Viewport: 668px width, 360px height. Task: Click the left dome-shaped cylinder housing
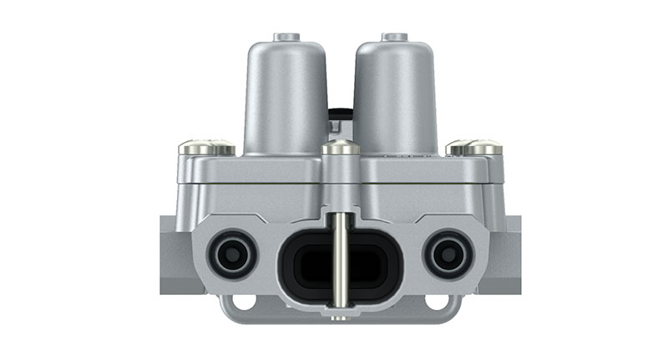[284, 96]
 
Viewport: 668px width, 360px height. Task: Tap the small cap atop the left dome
[286, 37]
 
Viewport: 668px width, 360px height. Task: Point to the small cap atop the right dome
[393, 37]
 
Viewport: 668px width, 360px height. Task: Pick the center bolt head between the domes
[342, 148]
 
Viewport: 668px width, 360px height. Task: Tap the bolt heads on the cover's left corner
[206, 148]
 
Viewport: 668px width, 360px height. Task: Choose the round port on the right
[448, 253]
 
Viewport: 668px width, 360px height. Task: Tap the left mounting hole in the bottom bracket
[244, 302]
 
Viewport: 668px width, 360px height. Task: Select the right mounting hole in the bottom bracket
[436, 302]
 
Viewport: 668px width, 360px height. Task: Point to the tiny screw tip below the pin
[341, 317]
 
